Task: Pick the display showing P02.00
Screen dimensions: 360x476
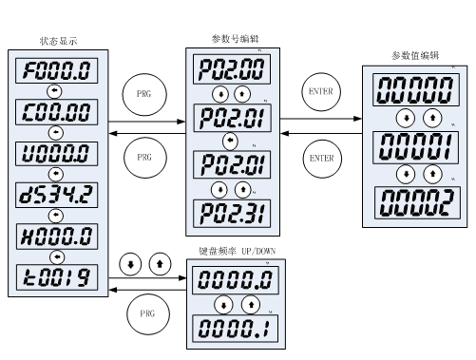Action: pos(232,69)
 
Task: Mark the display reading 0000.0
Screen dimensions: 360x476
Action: pos(235,280)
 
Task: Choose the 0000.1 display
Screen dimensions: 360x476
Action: pos(235,329)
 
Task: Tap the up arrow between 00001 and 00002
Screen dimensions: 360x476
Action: pos(431,175)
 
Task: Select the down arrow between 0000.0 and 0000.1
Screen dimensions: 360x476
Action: pos(222,305)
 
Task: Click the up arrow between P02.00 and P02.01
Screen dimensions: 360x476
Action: pos(242,94)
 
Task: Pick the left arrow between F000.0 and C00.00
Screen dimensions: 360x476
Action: pos(55,91)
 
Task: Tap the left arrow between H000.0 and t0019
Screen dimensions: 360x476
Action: pos(55,256)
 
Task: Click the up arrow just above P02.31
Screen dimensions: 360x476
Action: pos(242,189)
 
